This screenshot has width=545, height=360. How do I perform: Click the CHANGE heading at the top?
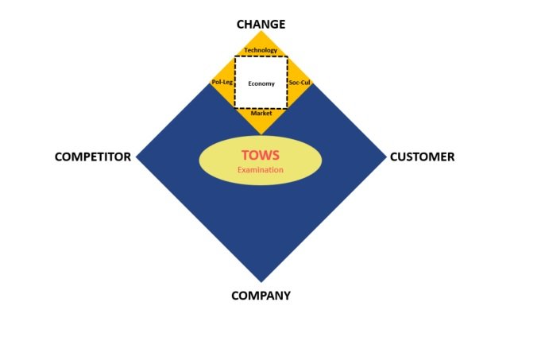pyautogui.click(x=261, y=24)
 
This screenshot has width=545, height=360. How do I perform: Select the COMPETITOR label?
pyautogui.click(x=92, y=157)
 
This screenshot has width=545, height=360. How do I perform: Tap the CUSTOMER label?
pyautogui.click(x=422, y=157)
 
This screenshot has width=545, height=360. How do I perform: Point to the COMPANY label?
pyautogui.click(x=261, y=296)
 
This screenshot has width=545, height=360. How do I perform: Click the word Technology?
pyautogui.click(x=261, y=50)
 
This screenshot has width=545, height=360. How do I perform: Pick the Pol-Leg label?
pyautogui.click(x=222, y=83)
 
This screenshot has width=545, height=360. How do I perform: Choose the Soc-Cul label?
pyautogui.click(x=300, y=83)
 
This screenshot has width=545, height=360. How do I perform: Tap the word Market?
pyautogui.click(x=261, y=113)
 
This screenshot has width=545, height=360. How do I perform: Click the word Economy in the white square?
pyautogui.click(x=261, y=83)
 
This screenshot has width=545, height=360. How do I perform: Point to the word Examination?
pyautogui.click(x=261, y=169)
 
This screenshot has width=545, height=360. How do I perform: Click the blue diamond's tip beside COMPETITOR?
pyautogui.click(x=137, y=157)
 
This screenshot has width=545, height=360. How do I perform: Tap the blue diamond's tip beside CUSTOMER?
pyautogui.click(x=385, y=157)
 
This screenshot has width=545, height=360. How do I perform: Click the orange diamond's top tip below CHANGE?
pyautogui.click(x=261, y=31)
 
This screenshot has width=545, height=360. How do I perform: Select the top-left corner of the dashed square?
pyautogui.click(x=234, y=56)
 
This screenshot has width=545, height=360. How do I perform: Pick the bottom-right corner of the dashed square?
pyautogui.click(x=288, y=109)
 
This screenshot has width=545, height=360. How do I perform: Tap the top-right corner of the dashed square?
pyautogui.click(x=288, y=56)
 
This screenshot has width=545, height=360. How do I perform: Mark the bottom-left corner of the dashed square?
pyautogui.click(x=234, y=109)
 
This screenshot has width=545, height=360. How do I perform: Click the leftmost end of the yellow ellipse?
pyautogui.click(x=199, y=161)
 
